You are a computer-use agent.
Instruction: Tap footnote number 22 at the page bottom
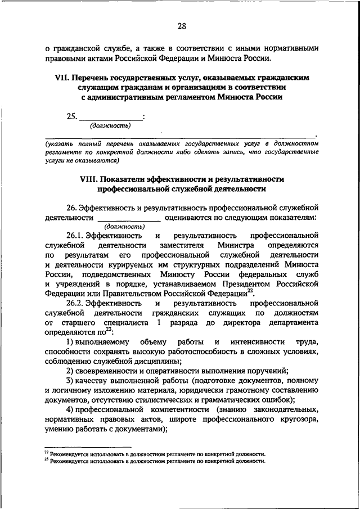[47, 452]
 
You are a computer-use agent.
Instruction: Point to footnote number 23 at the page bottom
[47, 460]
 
